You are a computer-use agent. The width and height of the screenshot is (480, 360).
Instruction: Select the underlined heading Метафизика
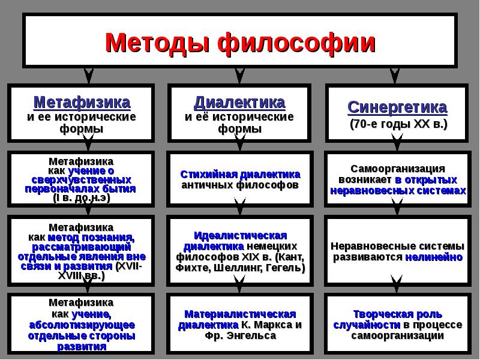82,101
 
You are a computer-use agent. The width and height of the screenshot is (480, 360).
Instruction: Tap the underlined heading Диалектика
239,101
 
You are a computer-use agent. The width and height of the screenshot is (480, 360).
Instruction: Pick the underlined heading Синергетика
397,107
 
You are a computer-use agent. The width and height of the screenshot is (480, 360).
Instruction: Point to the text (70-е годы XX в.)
397,124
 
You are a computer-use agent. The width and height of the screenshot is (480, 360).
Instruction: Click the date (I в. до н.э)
82,197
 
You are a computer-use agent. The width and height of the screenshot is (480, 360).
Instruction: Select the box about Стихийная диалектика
240,179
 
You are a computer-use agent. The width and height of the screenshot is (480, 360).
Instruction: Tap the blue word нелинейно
434,257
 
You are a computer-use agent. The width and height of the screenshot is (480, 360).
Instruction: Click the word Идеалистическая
240,235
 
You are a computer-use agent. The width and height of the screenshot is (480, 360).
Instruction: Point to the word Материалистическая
240,314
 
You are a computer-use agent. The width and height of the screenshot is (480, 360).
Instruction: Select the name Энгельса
254,336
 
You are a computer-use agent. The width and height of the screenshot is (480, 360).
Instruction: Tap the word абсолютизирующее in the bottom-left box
82,325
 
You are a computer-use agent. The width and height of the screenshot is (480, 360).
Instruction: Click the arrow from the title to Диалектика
240,75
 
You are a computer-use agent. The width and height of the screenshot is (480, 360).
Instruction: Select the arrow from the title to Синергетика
394,75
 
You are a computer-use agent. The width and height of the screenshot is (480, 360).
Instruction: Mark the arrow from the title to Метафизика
89,75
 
